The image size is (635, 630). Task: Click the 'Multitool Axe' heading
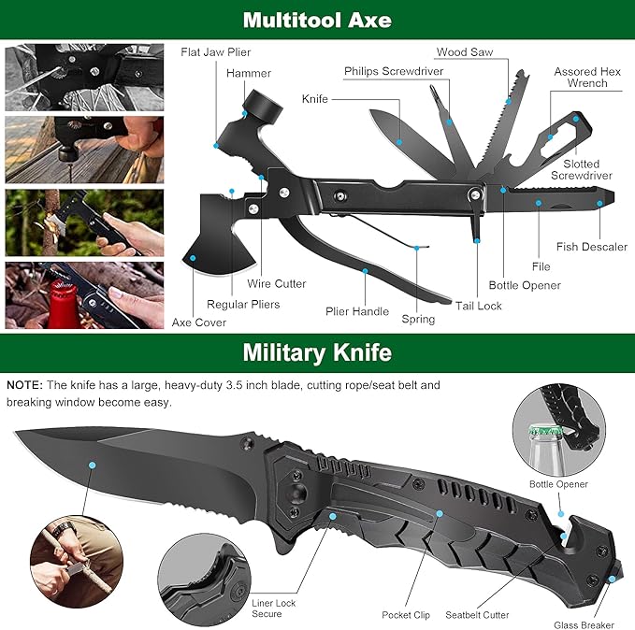(x=317, y=19)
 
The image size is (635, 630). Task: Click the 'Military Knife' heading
(x=317, y=352)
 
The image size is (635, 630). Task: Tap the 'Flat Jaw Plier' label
(x=215, y=52)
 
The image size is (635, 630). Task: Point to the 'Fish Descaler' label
(x=591, y=247)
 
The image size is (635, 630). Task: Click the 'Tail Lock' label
(x=479, y=306)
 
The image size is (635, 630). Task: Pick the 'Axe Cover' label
(x=199, y=322)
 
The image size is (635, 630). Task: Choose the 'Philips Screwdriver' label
(x=393, y=71)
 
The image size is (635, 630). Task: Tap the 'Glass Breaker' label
(x=584, y=625)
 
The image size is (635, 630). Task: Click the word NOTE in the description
(x=24, y=385)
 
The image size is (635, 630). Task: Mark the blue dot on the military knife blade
(x=92, y=465)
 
